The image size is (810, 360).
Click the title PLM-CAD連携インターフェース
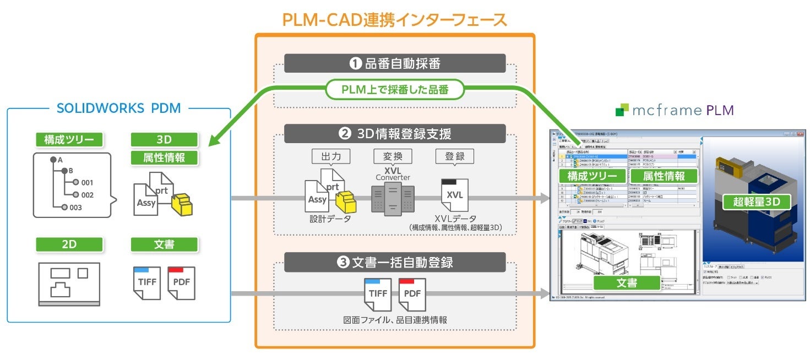click(x=394, y=20)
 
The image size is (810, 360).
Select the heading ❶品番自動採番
click(x=395, y=63)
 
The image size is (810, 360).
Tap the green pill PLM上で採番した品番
click(x=395, y=89)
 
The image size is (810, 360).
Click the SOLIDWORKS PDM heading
click(x=118, y=108)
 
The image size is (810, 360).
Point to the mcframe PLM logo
click(x=674, y=110)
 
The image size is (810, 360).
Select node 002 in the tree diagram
click(x=84, y=195)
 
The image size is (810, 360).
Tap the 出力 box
click(x=331, y=156)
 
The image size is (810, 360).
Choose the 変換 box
click(x=393, y=156)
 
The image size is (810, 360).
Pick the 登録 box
click(x=454, y=156)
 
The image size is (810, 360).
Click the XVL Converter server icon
click(x=393, y=199)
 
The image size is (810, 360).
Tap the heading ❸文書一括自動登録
click(x=395, y=262)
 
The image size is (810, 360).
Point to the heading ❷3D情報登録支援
click(x=395, y=134)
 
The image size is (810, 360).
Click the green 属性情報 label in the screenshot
click(x=664, y=176)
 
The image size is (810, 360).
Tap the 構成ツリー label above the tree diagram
click(x=69, y=140)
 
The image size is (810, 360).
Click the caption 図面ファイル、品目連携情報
click(x=394, y=320)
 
